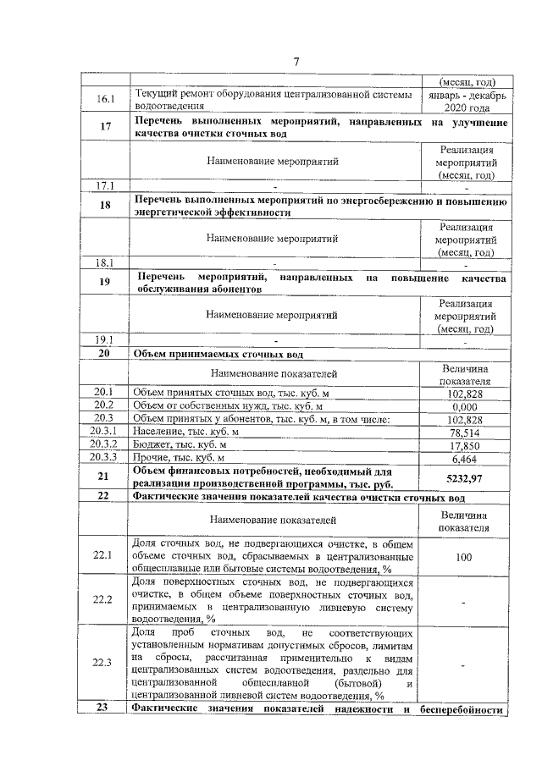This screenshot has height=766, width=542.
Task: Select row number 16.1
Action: (105, 101)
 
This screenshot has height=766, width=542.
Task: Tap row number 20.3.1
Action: (105, 433)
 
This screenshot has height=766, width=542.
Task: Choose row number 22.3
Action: (105, 662)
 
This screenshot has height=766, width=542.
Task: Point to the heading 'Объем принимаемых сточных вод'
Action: (218, 354)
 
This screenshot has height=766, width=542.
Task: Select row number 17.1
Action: (105, 185)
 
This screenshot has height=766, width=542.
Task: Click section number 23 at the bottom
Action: (105, 709)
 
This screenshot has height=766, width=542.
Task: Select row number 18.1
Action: (105, 262)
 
